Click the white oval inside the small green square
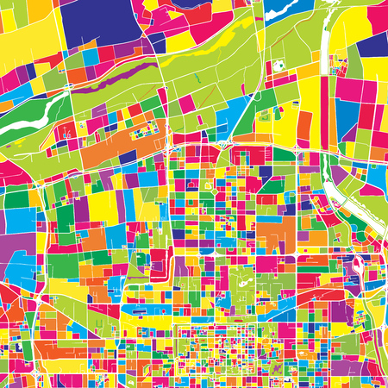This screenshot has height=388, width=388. pos(278,66)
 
